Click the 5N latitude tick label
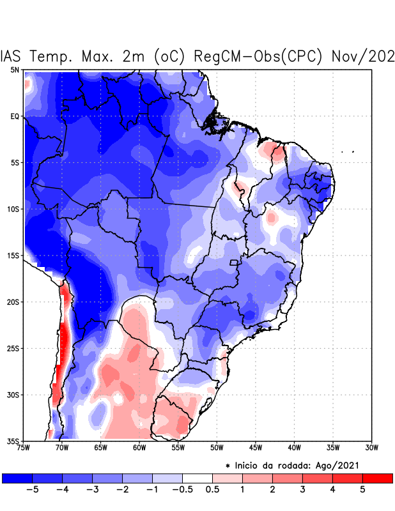click(14, 70)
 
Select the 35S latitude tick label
click(13, 441)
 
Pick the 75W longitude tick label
click(24, 448)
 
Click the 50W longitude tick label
click(217, 448)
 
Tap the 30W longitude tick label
click(371, 448)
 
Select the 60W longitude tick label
click(139, 448)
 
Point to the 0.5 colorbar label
click(212, 490)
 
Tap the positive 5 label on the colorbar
click(362, 490)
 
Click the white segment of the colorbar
click(197, 478)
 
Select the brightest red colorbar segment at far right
click(377, 478)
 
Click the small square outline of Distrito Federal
click(234, 263)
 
